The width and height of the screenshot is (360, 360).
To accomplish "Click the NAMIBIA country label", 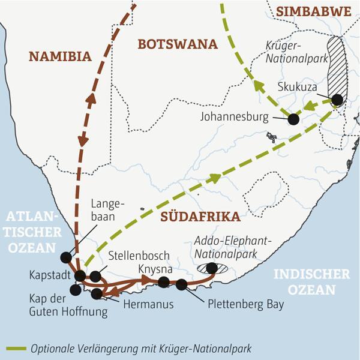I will [60, 56].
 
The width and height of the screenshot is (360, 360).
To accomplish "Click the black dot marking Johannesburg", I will [293, 119].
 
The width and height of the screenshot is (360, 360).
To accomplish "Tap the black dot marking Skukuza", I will [338, 100].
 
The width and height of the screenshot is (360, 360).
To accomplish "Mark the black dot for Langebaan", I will [65, 257].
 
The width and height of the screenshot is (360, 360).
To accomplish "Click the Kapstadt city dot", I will [80, 275].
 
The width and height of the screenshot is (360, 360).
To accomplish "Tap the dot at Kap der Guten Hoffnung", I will [74, 290].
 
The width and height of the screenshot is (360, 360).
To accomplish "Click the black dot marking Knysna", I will [164, 282].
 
